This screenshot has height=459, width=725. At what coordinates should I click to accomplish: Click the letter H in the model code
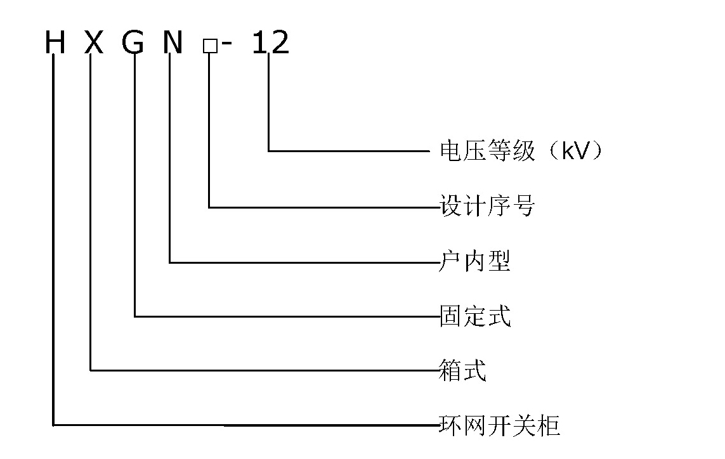(x=55, y=43)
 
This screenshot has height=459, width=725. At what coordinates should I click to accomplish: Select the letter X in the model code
(x=93, y=43)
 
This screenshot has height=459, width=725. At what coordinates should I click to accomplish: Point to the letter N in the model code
(x=171, y=43)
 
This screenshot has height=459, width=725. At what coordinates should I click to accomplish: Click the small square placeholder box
(x=209, y=46)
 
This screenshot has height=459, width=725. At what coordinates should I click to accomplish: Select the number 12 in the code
(x=270, y=43)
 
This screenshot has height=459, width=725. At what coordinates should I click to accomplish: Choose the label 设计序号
(x=487, y=207)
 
